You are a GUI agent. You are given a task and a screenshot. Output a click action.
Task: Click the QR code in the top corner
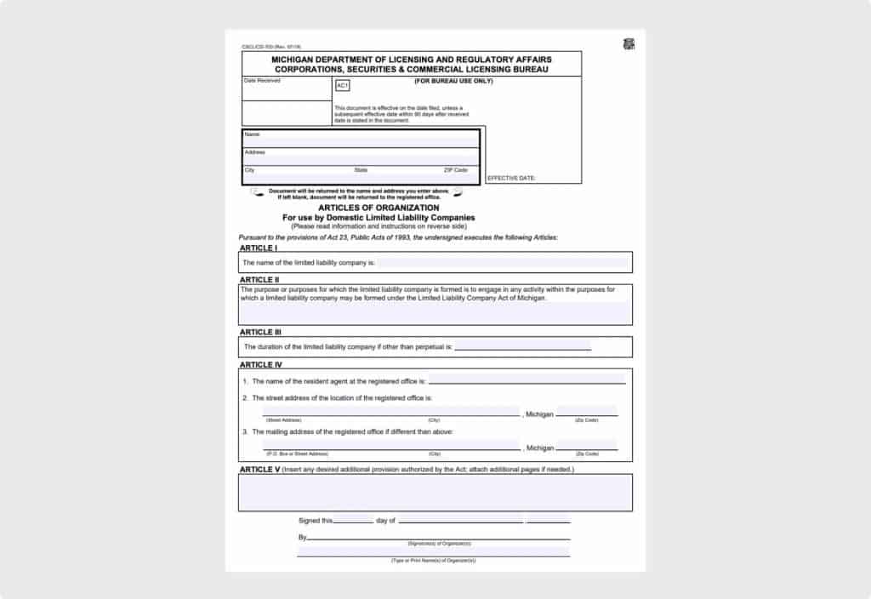pyautogui.click(x=629, y=44)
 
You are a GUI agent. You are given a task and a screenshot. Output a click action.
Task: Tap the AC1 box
pyautogui.click(x=342, y=86)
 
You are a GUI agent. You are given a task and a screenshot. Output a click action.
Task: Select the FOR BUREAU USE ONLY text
pyautogui.click(x=453, y=81)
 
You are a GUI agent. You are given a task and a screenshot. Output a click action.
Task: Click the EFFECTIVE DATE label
pyautogui.click(x=511, y=179)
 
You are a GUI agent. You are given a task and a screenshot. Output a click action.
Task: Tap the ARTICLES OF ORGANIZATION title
pyautogui.click(x=379, y=208)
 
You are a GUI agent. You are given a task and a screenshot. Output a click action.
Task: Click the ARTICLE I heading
pyautogui.click(x=258, y=248)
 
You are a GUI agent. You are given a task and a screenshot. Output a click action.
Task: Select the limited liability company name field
pyautogui.click(x=502, y=263)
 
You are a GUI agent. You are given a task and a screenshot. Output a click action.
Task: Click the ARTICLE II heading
pyautogui.click(x=259, y=279)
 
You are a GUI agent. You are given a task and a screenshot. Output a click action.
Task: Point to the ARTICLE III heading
pyautogui.click(x=260, y=332)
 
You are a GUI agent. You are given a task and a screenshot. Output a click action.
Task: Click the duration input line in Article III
pyautogui.click(x=523, y=347)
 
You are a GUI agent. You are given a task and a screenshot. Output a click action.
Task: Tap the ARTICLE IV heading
pyautogui.click(x=261, y=364)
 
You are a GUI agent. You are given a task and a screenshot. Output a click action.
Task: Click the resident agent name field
pyautogui.click(x=527, y=379)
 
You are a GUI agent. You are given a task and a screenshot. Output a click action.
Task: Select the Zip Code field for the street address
pyautogui.click(x=587, y=412)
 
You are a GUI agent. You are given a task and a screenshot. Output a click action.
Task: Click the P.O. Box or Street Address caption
pyautogui.click(x=297, y=454)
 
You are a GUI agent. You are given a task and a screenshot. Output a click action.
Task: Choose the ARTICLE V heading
pyautogui.click(x=259, y=469)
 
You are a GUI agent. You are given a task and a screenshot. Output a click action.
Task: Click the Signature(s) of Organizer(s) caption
pyautogui.click(x=439, y=543)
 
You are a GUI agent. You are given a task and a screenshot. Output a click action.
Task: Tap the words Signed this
pyautogui.click(x=315, y=521)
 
